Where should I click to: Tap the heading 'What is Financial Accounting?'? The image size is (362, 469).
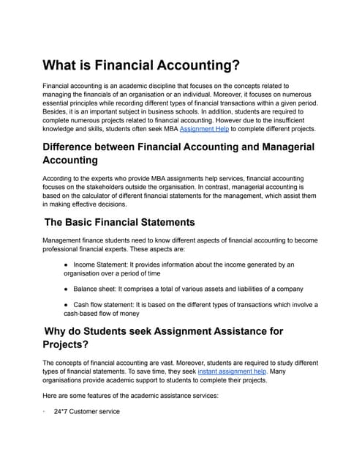coord(141,65)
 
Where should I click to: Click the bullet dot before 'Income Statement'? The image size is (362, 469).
coord(67,264)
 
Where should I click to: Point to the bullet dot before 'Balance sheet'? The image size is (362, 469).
coord(67,289)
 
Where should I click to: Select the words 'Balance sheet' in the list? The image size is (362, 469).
coord(95,289)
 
